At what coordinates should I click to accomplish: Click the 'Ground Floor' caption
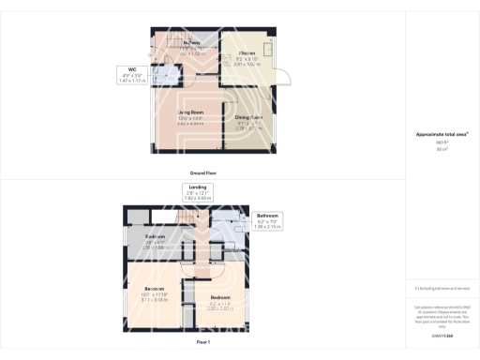[x=203, y=173]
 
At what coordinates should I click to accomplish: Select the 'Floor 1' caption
[x=202, y=344]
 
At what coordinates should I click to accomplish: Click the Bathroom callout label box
[x=268, y=222]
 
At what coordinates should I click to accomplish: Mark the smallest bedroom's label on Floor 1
[x=156, y=241]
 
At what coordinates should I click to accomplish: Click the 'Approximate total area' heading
[x=442, y=134]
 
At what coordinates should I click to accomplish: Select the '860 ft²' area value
[x=442, y=142]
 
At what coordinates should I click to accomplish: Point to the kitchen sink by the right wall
[x=266, y=52]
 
